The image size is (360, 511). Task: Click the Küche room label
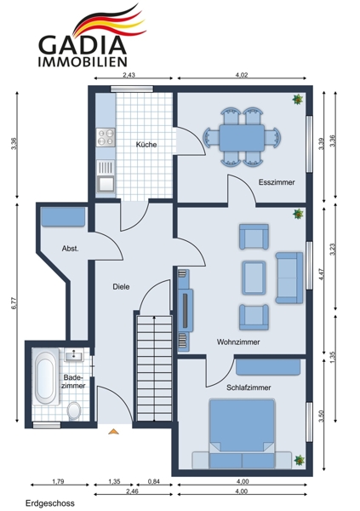coord(146,145)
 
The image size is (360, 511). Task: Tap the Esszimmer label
coord(277,182)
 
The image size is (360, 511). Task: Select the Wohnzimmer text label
coord(238,342)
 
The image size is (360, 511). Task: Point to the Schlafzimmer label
coord(249,388)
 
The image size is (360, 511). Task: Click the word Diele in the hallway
coord(121,287)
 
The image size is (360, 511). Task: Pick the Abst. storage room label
coord(71,249)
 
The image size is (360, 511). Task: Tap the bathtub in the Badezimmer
coord(45,376)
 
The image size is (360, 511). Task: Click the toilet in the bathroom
coord(74,411)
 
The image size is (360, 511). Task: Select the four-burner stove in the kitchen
coord(106,137)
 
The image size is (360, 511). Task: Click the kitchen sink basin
coord(106,183)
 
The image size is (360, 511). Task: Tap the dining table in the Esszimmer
coord(242,137)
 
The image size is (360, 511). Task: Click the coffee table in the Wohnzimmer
coord(254,278)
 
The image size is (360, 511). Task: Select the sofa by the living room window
coord(289,278)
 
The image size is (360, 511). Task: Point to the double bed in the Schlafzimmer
coord(242,433)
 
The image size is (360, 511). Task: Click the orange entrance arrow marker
coord(113,432)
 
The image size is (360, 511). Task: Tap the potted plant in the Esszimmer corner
coord(298,100)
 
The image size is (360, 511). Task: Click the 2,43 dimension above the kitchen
coord(129,75)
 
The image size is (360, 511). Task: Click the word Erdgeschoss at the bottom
coord(50,503)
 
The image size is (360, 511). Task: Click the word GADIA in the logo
coord(83,45)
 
